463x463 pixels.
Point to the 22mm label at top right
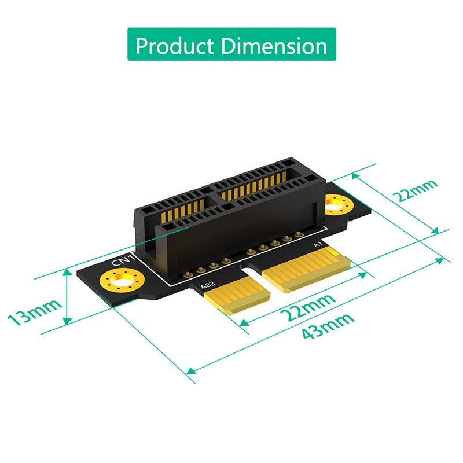pos(415,190)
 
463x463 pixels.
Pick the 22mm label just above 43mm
pos(307,308)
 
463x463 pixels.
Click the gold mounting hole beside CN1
pos(119,283)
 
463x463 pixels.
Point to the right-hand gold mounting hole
pos(335,204)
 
